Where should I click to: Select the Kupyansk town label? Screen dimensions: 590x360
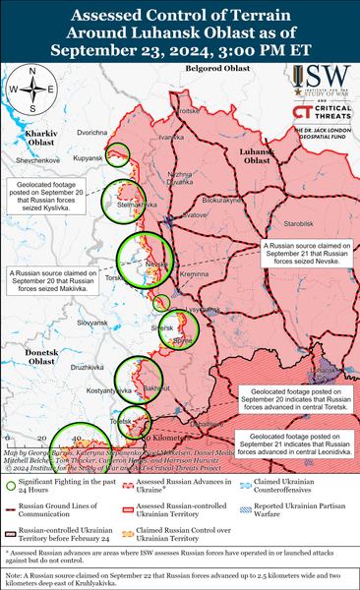pos(88,157)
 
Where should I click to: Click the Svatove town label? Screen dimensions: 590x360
pos(196,214)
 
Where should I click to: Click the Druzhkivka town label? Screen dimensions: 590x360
pos(90,368)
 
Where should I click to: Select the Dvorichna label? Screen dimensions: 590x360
pos(92,131)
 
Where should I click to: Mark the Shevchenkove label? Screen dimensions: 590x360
pos(37,158)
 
